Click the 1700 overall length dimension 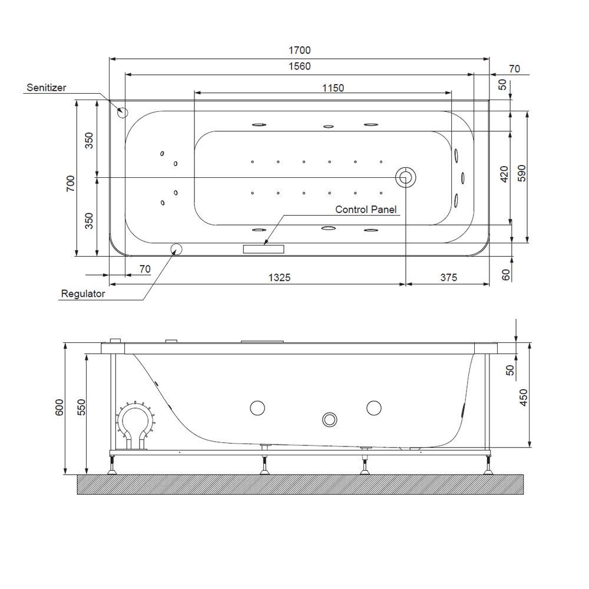tap(299, 51)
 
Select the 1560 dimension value tap(299, 67)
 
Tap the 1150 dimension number tap(333, 88)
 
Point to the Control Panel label tap(366, 209)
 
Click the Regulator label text tap(83, 293)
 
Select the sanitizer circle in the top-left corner tap(123, 111)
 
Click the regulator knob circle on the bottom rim tap(176, 249)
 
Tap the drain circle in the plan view tap(406, 177)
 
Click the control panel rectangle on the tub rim tap(263, 249)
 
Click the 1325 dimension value tap(279, 277)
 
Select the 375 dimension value tap(448, 277)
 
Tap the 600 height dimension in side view tap(59, 408)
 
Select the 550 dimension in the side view tap(81, 408)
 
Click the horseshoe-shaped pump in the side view tap(135, 424)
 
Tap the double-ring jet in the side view tap(329, 419)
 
